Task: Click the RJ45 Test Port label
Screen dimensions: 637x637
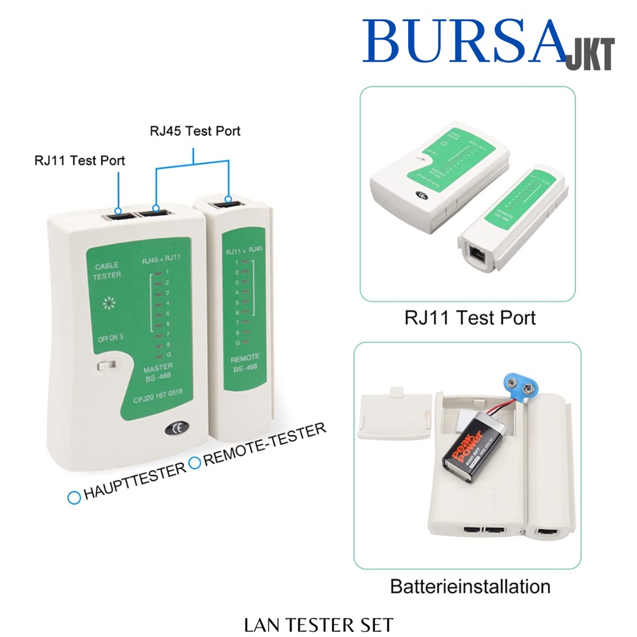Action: click(x=195, y=131)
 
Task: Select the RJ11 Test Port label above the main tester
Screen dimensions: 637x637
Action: click(x=80, y=160)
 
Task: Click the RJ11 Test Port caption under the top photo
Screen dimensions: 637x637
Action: click(x=470, y=318)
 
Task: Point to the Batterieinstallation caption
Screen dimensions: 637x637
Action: click(x=470, y=586)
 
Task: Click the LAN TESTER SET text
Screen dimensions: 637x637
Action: click(x=318, y=624)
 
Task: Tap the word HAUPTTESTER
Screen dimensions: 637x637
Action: click(x=134, y=478)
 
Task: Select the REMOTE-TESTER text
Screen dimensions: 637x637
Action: click(x=264, y=445)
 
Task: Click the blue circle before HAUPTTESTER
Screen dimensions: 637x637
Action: click(x=74, y=497)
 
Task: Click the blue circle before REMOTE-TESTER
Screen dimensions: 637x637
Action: click(x=195, y=462)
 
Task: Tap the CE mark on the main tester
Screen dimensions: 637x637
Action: click(x=174, y=428)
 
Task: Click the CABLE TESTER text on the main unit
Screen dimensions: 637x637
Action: click(x=107, y=271)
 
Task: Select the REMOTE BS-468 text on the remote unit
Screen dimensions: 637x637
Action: click(x=244, y=363)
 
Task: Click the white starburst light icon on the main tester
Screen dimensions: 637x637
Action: click(x=110, y=304)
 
